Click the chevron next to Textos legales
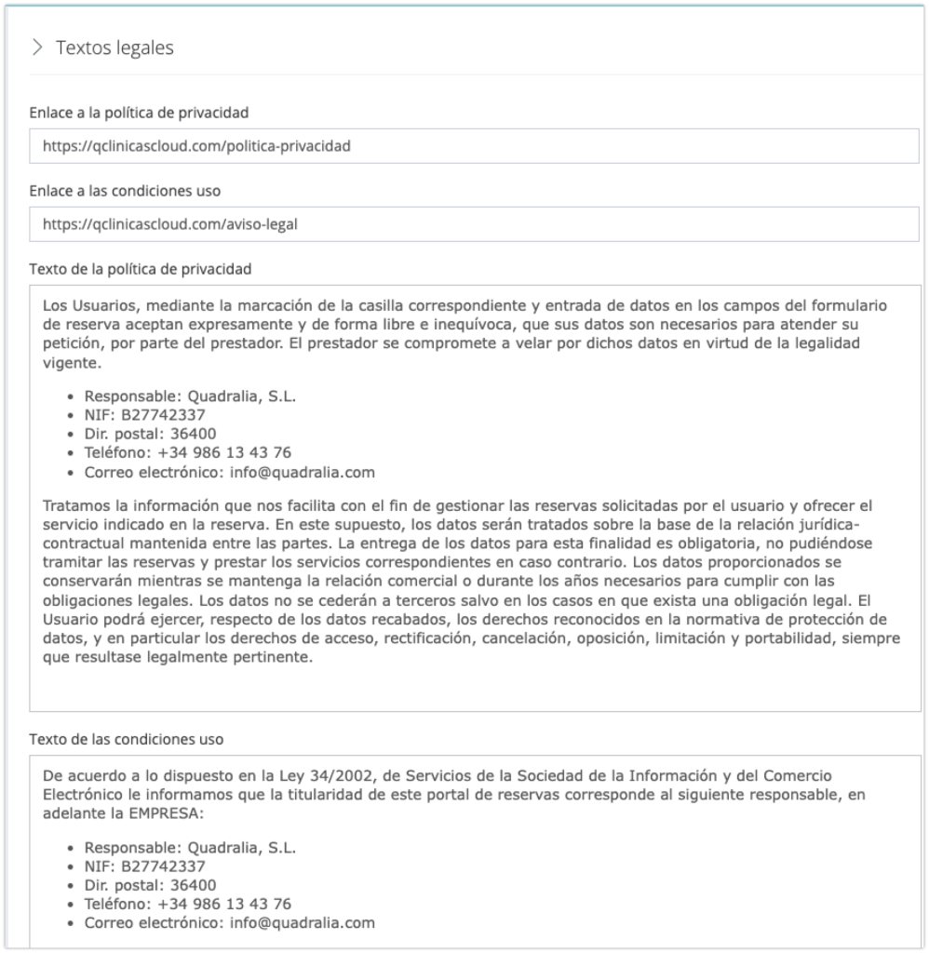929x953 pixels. (37, 47)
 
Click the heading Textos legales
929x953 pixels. (114, 47)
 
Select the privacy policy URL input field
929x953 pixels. (474, 146)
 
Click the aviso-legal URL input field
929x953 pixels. (474, 224)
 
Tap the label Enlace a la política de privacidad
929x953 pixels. (139, 113)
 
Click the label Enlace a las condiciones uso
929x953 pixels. (125, 191)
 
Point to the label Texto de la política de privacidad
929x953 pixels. (141, 269)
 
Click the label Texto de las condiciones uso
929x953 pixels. (126, 740)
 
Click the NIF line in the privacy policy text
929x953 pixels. (144, 415)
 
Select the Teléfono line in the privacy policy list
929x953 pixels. (187, 453)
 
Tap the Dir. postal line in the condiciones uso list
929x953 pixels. (150, 885)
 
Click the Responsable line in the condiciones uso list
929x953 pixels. (190, 848)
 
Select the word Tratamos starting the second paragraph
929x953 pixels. (75, 505)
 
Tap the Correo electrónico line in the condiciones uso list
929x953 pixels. (229, 922)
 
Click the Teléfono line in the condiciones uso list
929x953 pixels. (187, 904)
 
